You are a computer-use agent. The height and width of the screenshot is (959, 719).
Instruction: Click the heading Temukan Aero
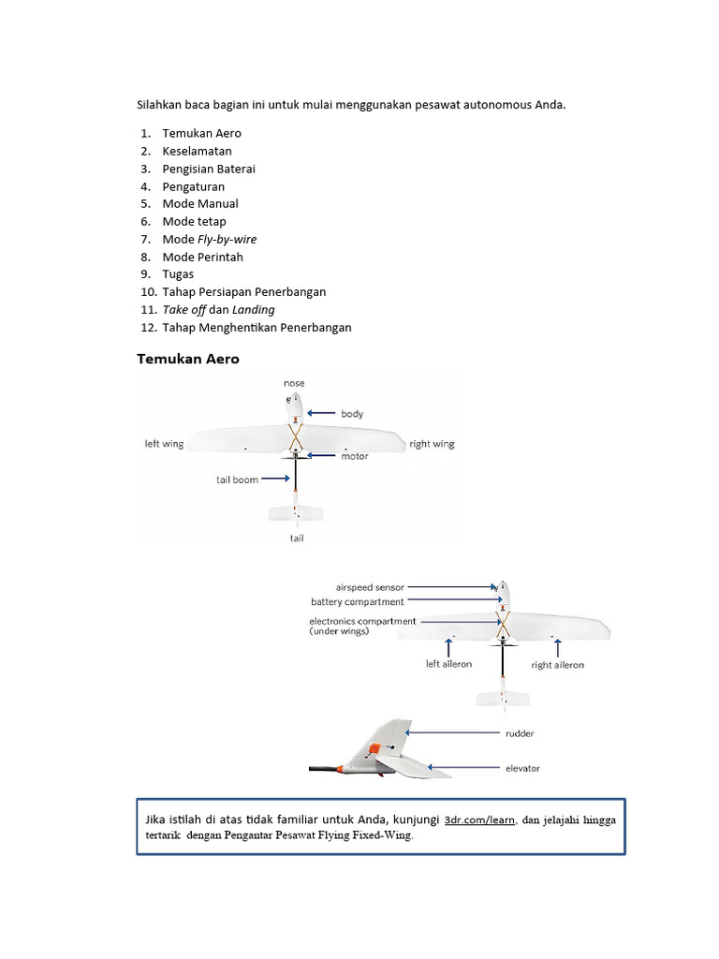click(x=188, y=359)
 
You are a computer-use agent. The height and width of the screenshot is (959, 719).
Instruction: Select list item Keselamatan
click(x=197, y=151)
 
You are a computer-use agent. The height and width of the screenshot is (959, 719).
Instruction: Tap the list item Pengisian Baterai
click(x=208, y=169)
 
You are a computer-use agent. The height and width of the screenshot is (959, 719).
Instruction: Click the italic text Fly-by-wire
click(x=227, y=239)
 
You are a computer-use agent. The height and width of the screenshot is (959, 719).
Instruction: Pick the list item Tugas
click(x=178, y=274)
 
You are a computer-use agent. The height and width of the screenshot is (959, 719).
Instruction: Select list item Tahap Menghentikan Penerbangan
click(x=257, y=327)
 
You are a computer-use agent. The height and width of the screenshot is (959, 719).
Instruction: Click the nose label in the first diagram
click(x=294, y=383)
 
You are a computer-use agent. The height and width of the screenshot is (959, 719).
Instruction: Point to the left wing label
click(x=164, y=444)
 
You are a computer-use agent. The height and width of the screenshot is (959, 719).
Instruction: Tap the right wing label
click(x=432, y=444)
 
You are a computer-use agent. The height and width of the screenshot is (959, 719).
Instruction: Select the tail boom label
click(x=237, y=479)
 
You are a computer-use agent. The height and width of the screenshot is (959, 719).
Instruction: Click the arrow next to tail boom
click(x=275, y=479)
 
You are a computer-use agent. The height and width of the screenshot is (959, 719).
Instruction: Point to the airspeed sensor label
click(x=370, y=587)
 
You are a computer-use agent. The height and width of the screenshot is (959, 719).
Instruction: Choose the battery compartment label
click(x=358, y=602)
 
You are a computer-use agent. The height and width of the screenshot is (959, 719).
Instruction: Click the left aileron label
click(x=448, y=664)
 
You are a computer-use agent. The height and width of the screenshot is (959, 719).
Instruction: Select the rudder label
click(x=520, y=734)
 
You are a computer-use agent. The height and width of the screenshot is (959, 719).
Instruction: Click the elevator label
click(x=522, y=769)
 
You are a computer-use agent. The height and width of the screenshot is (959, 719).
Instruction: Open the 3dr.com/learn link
click(x=479, y=819)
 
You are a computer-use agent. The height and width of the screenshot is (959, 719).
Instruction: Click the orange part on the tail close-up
click(x=374, y=748)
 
